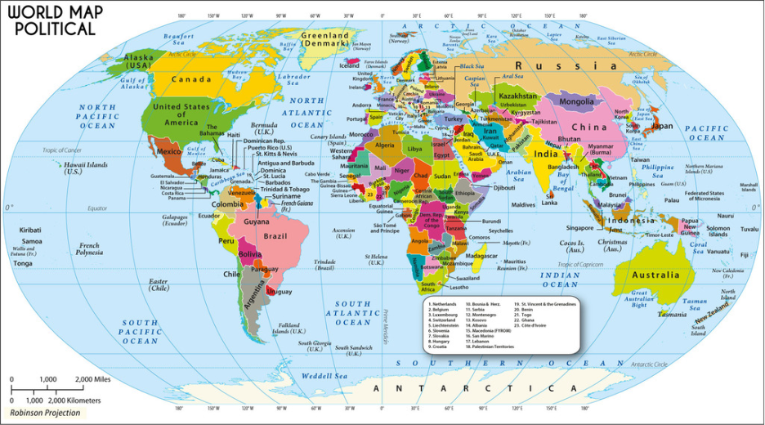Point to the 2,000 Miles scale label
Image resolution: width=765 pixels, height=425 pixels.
(x=92, y=380)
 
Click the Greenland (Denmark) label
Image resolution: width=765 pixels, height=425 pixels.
(x=324, y=40)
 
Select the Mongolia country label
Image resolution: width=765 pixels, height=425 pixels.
(x=578, y=102)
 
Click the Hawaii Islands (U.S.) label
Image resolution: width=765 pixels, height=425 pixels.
(x=74, y=168)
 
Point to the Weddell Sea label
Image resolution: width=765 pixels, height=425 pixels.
(x=324, y=376)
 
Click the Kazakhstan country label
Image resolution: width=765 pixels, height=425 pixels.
(x=517, y=96)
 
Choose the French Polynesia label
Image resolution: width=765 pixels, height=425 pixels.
(x=89, y=249)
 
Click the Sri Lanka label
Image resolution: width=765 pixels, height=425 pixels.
(x=549, y=199)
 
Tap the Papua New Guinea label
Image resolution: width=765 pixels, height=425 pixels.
(x=689, y=226)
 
